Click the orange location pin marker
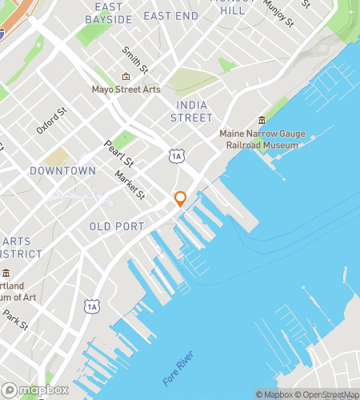coord(180,198)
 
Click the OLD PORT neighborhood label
coord(117,226)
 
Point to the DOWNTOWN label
coord(62,170)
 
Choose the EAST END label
coord(170,16)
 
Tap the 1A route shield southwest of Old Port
coord(92,306)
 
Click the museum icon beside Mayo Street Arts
coord(126,77)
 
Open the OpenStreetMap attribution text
coord(329,394)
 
